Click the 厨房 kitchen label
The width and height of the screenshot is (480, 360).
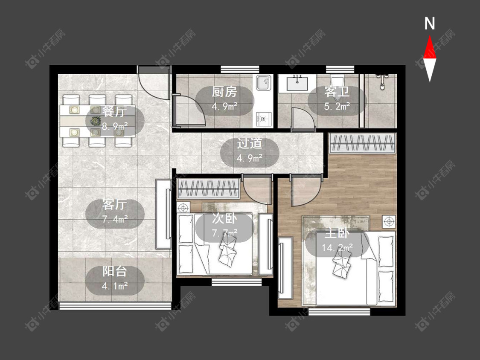coord(224,92)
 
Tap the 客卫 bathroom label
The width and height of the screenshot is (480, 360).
coord(337,92)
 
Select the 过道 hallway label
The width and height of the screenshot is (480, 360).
coord(250,144)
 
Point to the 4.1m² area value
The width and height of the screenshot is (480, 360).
coord(115,286)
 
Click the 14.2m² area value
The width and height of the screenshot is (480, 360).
coord(337,247)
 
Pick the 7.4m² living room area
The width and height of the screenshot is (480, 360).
coord(115,219)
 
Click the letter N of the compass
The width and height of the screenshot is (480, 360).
coord(430,23)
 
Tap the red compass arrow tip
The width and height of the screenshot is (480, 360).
coord(430,35)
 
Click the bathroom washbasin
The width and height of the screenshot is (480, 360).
coord(297,83)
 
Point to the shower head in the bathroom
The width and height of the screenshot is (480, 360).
coord(382,81)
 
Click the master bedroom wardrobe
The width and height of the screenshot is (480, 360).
coord(362,143)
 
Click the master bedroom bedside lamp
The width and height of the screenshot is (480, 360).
coord(389,221)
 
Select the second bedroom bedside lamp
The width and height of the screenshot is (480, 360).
coord(183,208)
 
